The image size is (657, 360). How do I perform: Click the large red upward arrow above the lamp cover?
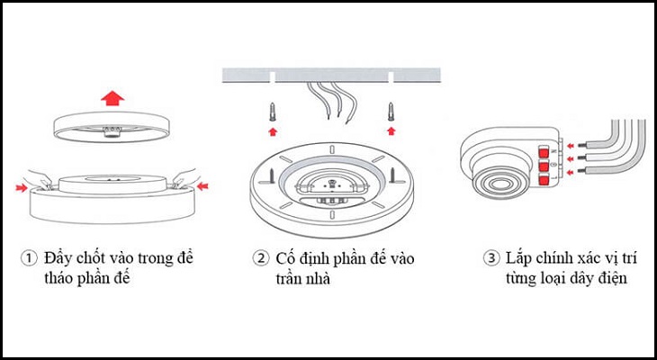(x=112, y=97)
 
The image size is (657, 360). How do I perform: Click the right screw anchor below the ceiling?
(x=391, y=113)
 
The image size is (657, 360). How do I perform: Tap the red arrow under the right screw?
(x=391, y=131)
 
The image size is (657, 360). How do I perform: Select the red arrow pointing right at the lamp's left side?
(x=20, y=187)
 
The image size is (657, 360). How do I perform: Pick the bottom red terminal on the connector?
(x=545, y=181)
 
